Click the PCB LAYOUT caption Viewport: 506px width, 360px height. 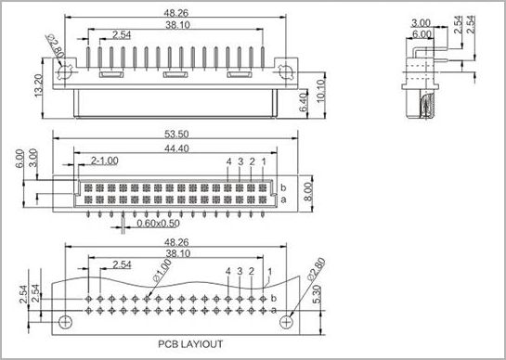tap(190, 344)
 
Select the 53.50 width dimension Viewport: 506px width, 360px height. tap(176, 134)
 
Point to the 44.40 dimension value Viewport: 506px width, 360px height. tap(176, 148)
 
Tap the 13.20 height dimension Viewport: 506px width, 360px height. tap(38, 85)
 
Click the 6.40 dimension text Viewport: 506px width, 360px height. tap(303, 102)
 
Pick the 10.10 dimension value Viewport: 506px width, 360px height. tap(320, 92)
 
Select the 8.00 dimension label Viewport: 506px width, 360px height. tap(308, 192)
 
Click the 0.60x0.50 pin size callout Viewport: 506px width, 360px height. tap(159, 224)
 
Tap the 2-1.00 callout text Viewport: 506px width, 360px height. tap(105, 161)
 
